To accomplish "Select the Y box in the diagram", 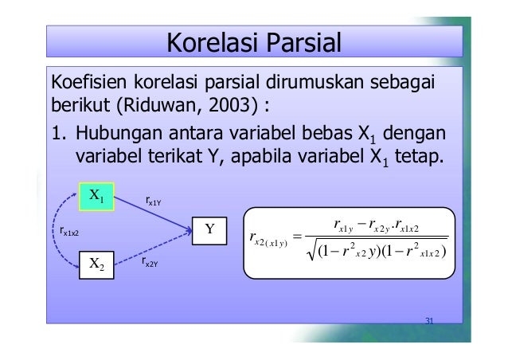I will [x=210, y=230].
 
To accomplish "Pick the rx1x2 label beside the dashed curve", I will [x=67, y=232].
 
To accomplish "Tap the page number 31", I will [x=429, y=321].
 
